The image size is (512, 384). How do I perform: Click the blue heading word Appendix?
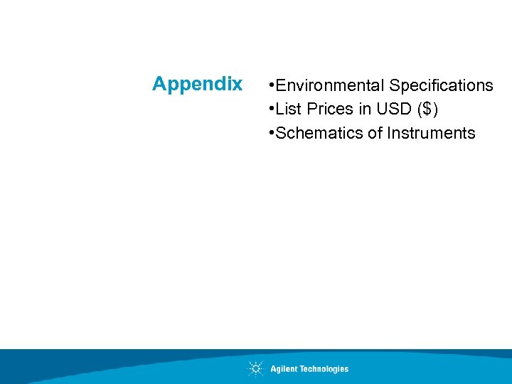[197, 85]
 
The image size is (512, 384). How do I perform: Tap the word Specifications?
[441, 86]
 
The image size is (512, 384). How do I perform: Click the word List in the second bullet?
[289, 110]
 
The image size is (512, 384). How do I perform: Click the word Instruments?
[431, 133]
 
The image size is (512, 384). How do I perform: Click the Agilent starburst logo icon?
[255, 368]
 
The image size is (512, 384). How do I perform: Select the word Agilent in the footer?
[284, 368]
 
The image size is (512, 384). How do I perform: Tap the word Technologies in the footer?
[324, 368]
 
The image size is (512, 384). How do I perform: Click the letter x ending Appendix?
[237, 85]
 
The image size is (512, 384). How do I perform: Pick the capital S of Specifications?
[394, 86]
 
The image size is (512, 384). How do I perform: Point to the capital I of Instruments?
[389, 133]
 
